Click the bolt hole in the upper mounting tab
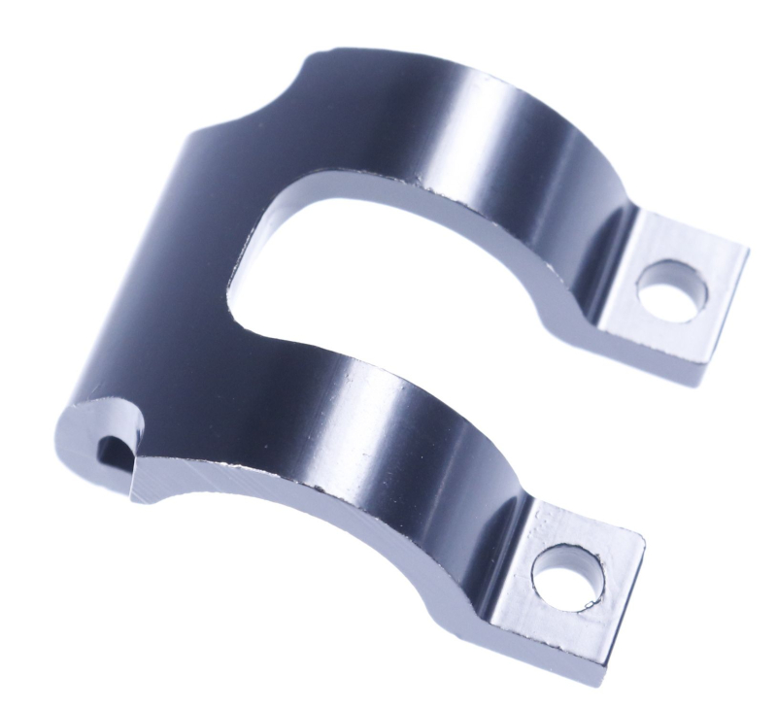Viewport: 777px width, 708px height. coord(669,291)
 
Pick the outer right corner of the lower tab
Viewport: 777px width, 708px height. coord(644,533)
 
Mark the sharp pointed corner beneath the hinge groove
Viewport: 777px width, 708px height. coord(134,491)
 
